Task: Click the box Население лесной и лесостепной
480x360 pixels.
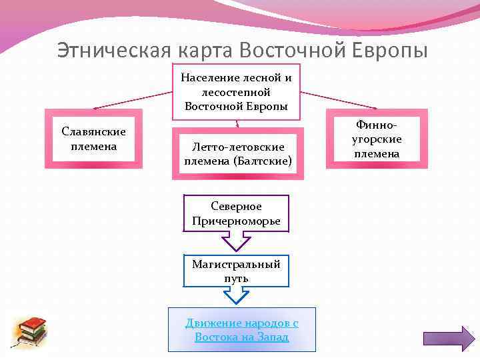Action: [236, 91]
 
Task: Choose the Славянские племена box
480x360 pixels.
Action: [93, 138]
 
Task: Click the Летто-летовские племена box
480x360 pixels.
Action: [238, 153]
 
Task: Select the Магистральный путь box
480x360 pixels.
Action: [236, 271]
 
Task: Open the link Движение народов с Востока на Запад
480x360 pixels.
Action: [241, 329]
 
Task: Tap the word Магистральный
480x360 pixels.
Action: [236, 264]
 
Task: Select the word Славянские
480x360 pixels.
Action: [93, 131]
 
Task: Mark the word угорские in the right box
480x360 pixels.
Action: [377, 139]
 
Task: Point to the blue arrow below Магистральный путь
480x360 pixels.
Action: [236, 296]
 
